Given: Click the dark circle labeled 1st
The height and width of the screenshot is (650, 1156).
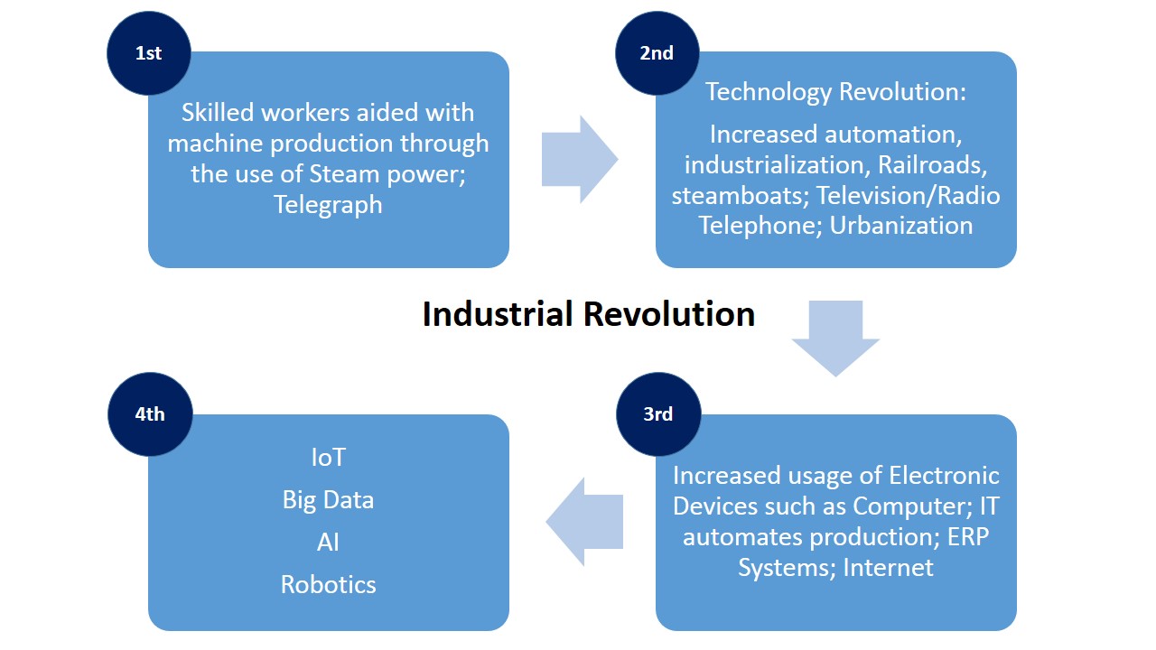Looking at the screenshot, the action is [149, 53].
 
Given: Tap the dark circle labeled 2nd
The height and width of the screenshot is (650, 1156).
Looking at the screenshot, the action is [657, 53].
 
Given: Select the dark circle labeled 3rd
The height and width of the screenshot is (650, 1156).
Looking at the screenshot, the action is [658, 414].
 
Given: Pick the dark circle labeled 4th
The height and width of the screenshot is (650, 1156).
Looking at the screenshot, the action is [150, 414].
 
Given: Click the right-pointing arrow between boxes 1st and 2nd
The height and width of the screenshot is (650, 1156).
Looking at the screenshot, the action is [580, 160].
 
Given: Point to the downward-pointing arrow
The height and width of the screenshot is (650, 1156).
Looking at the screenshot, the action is [835, 339].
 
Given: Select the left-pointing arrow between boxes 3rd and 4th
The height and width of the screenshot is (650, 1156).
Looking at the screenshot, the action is [584, 522].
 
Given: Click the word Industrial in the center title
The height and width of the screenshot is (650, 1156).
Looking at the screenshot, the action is [498, 313].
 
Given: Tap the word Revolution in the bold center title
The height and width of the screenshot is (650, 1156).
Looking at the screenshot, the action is [669, 313].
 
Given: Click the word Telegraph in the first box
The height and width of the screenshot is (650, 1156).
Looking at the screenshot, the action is [328, 205].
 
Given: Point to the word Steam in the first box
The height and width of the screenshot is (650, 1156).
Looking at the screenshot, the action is [344, 174].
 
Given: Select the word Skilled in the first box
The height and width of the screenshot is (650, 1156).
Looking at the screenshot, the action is [218, 113].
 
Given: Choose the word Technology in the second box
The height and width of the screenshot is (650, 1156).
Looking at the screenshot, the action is [769, 93].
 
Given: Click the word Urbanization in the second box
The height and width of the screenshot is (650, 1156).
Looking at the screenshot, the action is [901, 226].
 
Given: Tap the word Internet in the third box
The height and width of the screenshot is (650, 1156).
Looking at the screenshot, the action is [888, 568].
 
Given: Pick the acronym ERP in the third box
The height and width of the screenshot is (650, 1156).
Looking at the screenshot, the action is [968, 537].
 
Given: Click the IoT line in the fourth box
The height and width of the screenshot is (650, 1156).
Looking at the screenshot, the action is [328, 458].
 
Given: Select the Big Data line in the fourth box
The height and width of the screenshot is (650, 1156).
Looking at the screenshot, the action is [328, 500].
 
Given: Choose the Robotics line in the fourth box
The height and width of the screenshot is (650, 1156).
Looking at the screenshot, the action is [328, 585].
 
